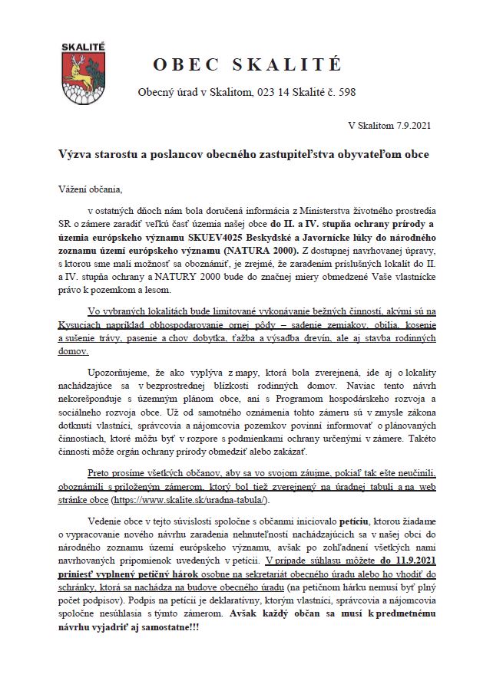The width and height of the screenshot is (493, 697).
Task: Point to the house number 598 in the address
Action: (346, 93)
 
